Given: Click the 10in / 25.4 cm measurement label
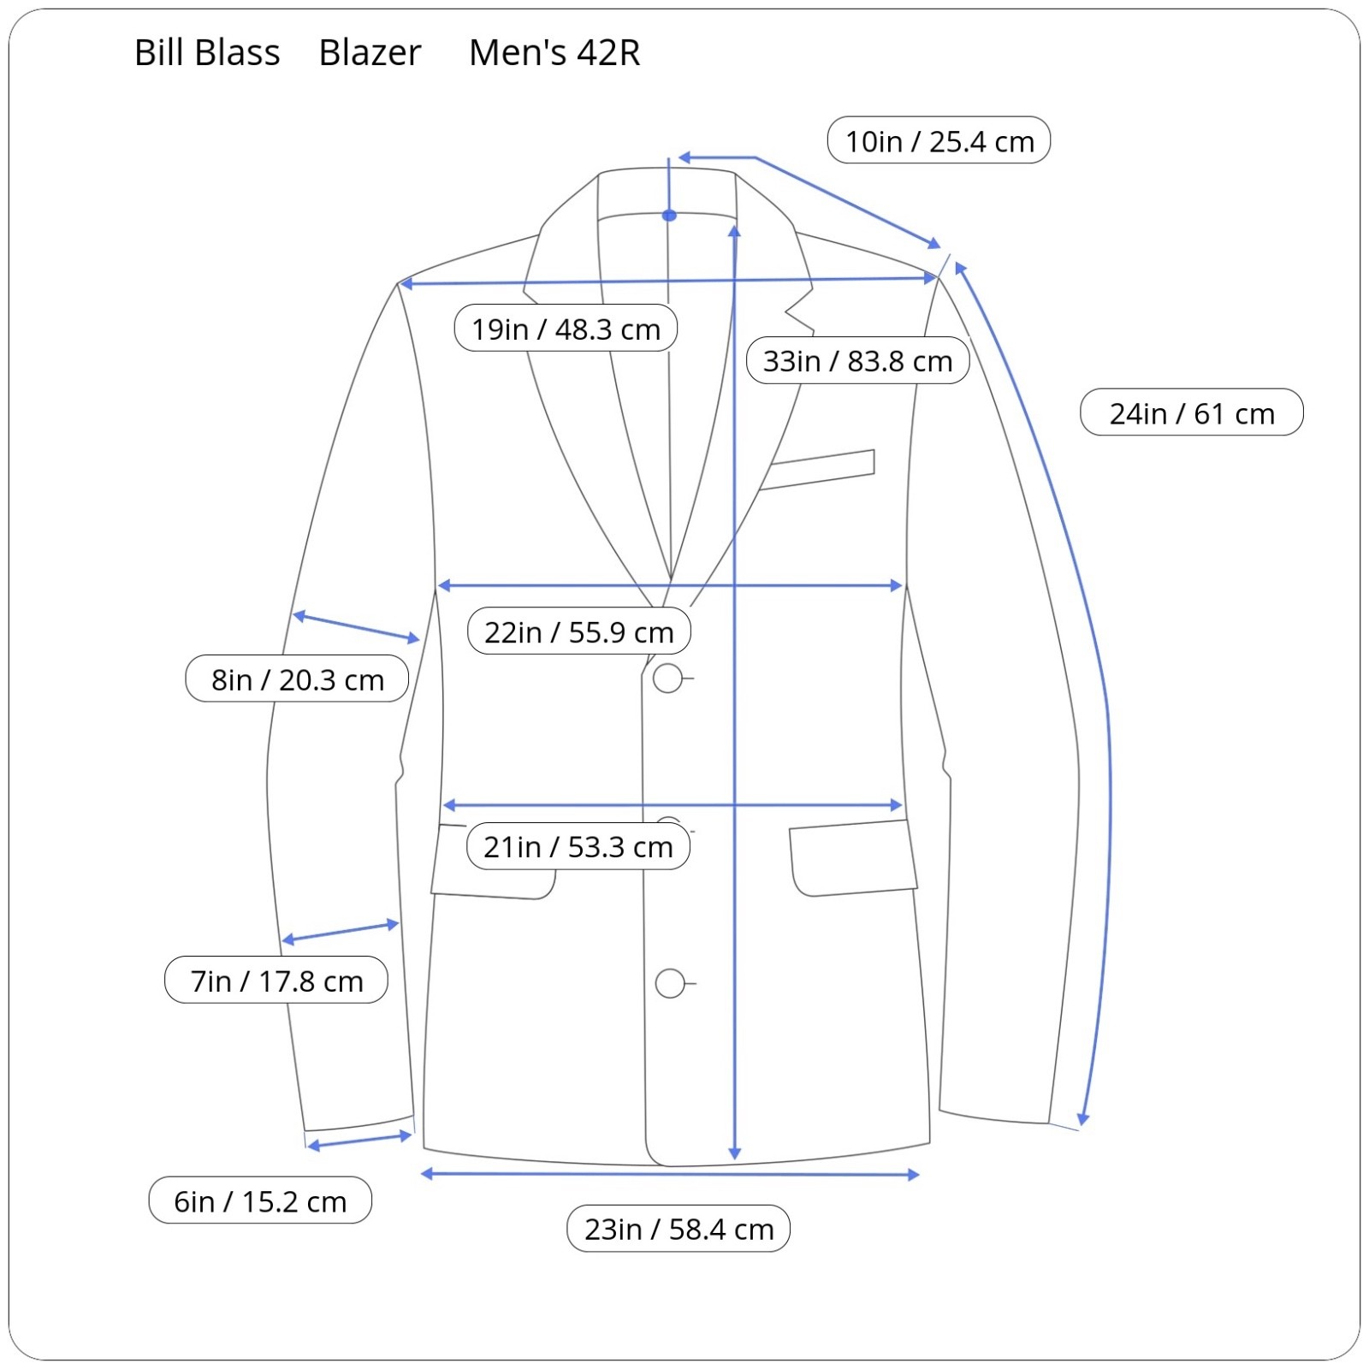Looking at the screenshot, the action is [x=939, y=140].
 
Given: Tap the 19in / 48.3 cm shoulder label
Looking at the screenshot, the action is [x=566, y=328].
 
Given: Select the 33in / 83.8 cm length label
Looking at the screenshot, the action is [x=857, y=360].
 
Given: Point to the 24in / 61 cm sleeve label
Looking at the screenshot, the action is [x=1191, y=412].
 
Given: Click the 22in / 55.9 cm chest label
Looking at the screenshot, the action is [x=578, y=631].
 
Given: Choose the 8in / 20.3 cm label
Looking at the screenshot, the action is [x=297, y=679].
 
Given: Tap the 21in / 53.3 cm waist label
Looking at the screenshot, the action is [x=578, y=846].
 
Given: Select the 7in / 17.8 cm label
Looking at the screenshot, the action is [x=276, y=980].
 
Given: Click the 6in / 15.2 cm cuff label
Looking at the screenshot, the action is [x=260, y=1200].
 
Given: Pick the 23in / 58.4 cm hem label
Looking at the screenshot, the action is [x=678, y=1229].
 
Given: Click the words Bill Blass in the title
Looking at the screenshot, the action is [x=207, y=53].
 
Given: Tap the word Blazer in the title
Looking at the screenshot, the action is [x=370, y=53].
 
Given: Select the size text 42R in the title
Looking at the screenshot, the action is [x=607, y=53].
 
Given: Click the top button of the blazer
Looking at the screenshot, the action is [x=667, y=679].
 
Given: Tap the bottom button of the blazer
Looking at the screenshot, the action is [x=670, y=984].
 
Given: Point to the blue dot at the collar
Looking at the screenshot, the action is [x=669, y=216].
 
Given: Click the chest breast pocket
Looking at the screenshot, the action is [x=820, y=469].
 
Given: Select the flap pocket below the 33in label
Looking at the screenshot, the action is [x=851, y=858].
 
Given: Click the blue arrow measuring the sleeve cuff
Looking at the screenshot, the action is [x=359, y=1141].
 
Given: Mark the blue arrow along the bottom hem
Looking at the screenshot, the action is [x=670, y=1174].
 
